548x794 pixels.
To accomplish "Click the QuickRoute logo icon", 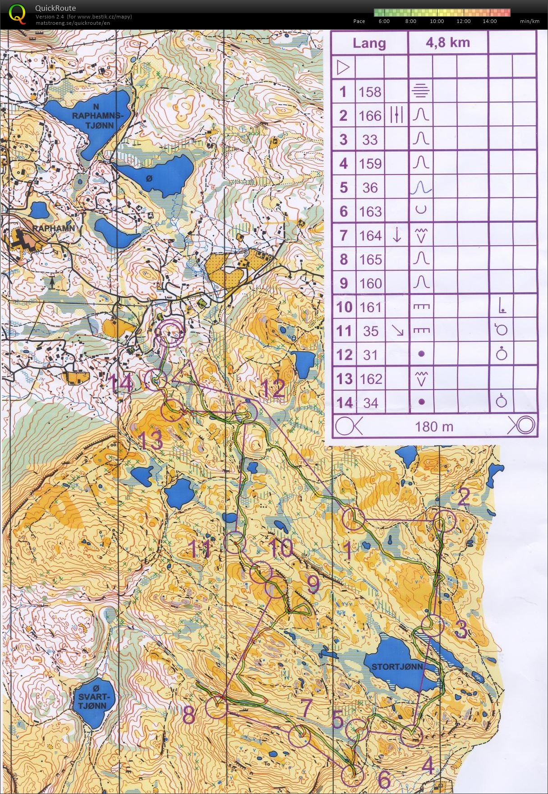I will pos(17,13).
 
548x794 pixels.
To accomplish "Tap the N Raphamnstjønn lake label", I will pos(97,116).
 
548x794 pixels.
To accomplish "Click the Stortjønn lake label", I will pos(397,666).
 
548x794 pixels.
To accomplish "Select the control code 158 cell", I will pos(370,92).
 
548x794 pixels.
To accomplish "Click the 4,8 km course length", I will pos(447,43).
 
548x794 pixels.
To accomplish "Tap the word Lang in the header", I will pos(369,43).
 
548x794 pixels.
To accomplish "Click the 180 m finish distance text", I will pos(434,426).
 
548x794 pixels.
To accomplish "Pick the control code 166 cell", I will pos(370,116).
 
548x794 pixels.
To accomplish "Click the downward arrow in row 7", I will pos(396,235).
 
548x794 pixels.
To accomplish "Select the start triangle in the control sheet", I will pos(343,68).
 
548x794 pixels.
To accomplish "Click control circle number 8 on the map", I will pos(216,707).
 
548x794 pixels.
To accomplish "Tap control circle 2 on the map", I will pos(444,520).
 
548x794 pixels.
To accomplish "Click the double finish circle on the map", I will pos(170,333).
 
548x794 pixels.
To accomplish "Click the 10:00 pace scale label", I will pos(437,21).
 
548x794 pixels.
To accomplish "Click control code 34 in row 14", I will pos(370,403).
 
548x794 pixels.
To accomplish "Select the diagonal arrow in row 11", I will pos(397,331).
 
